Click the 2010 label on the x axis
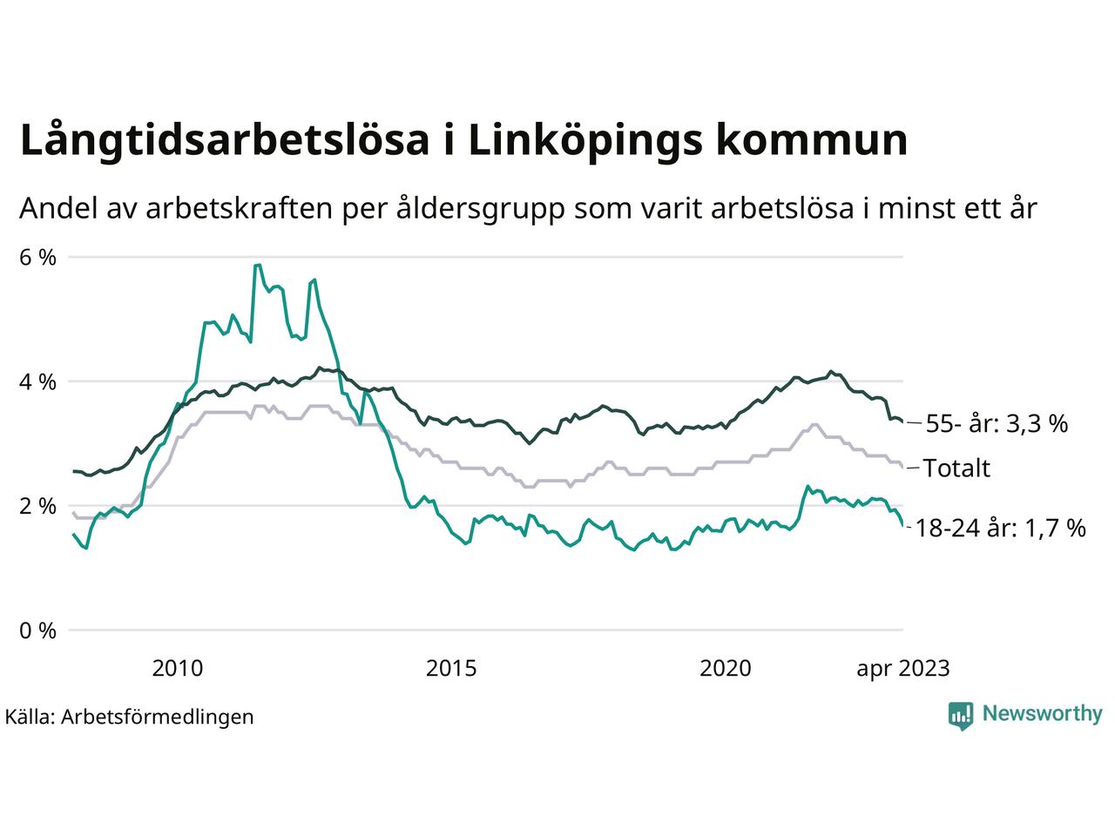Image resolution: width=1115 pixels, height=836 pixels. point(177,669)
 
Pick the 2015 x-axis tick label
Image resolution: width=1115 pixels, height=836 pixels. point(451,669)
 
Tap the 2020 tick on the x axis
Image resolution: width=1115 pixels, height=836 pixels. point(726,669)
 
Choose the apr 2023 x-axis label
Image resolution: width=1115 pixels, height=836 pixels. point(903,669)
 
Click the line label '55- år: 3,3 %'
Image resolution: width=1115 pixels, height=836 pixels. point(996,424)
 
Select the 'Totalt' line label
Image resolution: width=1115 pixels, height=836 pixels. point(956,469)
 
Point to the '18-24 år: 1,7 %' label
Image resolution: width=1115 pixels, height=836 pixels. point(1001,528)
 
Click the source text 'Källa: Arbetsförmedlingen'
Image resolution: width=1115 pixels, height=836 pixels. point(129,717)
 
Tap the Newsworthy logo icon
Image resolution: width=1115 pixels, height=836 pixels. point(960,715)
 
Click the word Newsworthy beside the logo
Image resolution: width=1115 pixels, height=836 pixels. point(1042,714)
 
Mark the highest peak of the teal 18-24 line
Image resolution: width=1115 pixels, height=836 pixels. point(257,265)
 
